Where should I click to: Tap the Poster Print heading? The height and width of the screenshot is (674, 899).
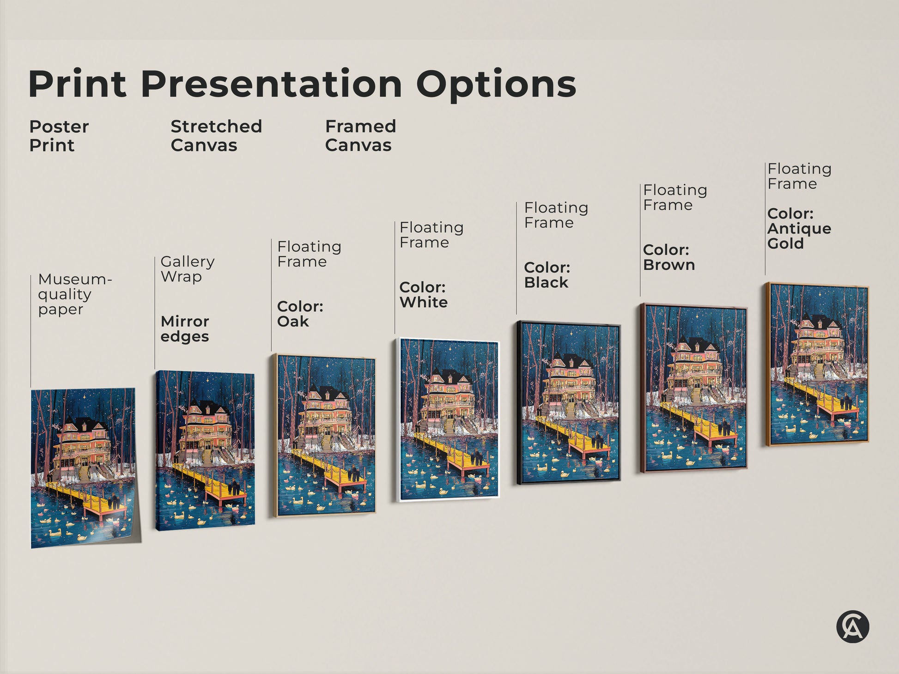[59, 136]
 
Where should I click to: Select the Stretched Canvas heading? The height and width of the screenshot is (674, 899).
[216, 136]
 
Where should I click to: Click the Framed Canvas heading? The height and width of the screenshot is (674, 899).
[360, 136]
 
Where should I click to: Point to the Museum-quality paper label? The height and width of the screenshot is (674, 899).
[74, 294]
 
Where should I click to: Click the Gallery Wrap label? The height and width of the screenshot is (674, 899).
[187, 269]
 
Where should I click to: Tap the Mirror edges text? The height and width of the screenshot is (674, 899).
[184, 328]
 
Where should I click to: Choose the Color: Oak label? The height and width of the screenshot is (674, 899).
[299, 314]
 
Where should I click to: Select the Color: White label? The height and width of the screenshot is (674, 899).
[423, 294]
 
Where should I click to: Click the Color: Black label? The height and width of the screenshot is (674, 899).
[547, 275]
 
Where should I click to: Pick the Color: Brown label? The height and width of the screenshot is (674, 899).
[668, 257]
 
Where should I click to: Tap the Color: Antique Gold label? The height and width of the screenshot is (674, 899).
[799, 229]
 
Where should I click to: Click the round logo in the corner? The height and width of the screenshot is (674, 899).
[852, 626]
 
